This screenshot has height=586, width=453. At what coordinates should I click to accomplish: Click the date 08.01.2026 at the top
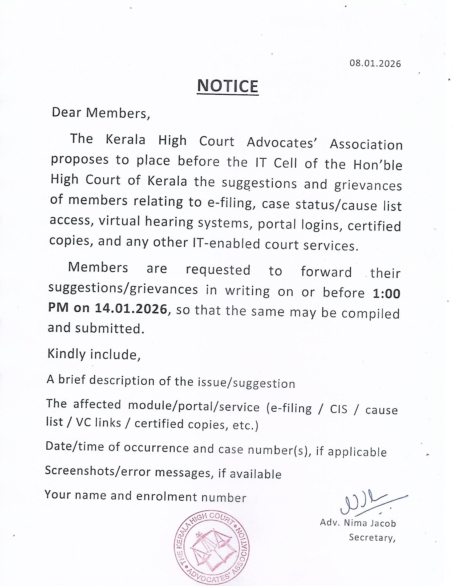coord(375,64)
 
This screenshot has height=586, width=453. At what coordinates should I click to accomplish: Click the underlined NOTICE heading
coord(228,86)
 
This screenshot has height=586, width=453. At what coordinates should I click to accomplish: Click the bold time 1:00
coord(386,294)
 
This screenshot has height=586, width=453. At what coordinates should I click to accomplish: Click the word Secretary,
coord(372,538)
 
